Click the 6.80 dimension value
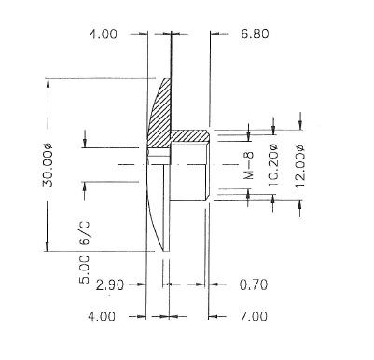click(x=255, y=34)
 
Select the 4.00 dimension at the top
click(x=104, y=34)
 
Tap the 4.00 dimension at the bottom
click(x=102, y=317)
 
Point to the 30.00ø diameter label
click(x=48, y=165)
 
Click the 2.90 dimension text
click(x=110, y=284)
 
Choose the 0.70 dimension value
click(x=254, y=284)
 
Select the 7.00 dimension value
click(x=254, y=316)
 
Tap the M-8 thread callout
click(x=249, y=165)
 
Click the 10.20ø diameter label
click(x=272, y=165)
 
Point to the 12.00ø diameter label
click(x=300, y=166)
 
